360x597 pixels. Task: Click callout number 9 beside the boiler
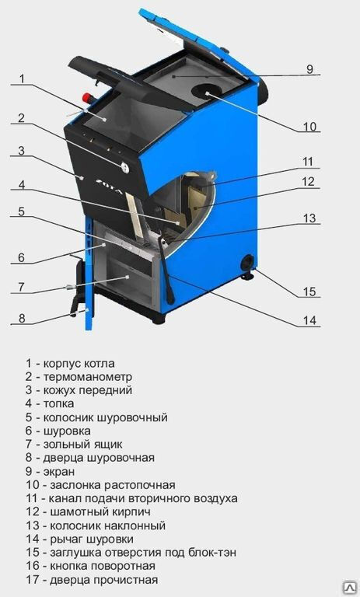[x=309, y=69]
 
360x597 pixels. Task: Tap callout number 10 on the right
[x=309, y=127]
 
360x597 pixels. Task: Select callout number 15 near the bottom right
[x=309, y=292]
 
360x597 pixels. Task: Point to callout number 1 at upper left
[x=22, y=79]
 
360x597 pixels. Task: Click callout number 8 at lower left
[x=22, y=318]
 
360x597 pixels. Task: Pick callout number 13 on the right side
[x=309, y=218]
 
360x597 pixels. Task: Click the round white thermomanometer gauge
[x=124, y=167]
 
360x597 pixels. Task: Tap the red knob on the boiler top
[x=88, y=97]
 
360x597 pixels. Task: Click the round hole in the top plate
[x=208, y=92]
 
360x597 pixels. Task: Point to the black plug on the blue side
[x=247, y=262]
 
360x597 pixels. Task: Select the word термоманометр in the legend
[x=88, y=377]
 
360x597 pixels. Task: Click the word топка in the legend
[x=58, y=403]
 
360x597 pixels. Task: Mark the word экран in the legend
[x=58, y=471]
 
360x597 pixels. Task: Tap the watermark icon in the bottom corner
[x=349, y=587]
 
